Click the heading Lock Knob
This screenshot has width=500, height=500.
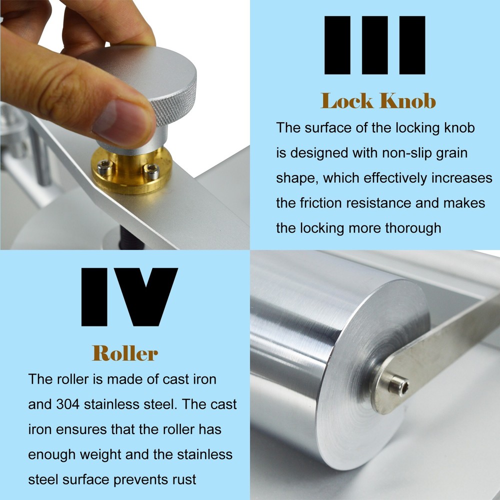click(x=378, y=101)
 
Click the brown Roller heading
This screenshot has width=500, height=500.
click(x=125, y=353)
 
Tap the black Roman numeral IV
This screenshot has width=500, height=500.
click(x=129, y=297)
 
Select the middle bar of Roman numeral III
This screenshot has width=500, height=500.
click(x=374, y=45)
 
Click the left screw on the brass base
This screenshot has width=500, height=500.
click(x=104, y=166)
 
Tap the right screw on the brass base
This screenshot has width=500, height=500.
click(x=151, y=170)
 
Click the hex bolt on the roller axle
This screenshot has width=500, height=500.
click(x=398, y=384)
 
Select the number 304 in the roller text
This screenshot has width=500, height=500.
click(x=68, y=404)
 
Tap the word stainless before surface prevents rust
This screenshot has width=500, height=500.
click(x=205, y=454)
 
